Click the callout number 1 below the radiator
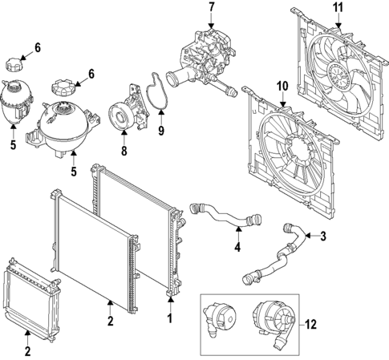point(170,318)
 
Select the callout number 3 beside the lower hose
point(322,237)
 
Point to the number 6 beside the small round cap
point(37,50)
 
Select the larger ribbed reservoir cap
point(62,86)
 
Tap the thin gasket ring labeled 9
point(152,91)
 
